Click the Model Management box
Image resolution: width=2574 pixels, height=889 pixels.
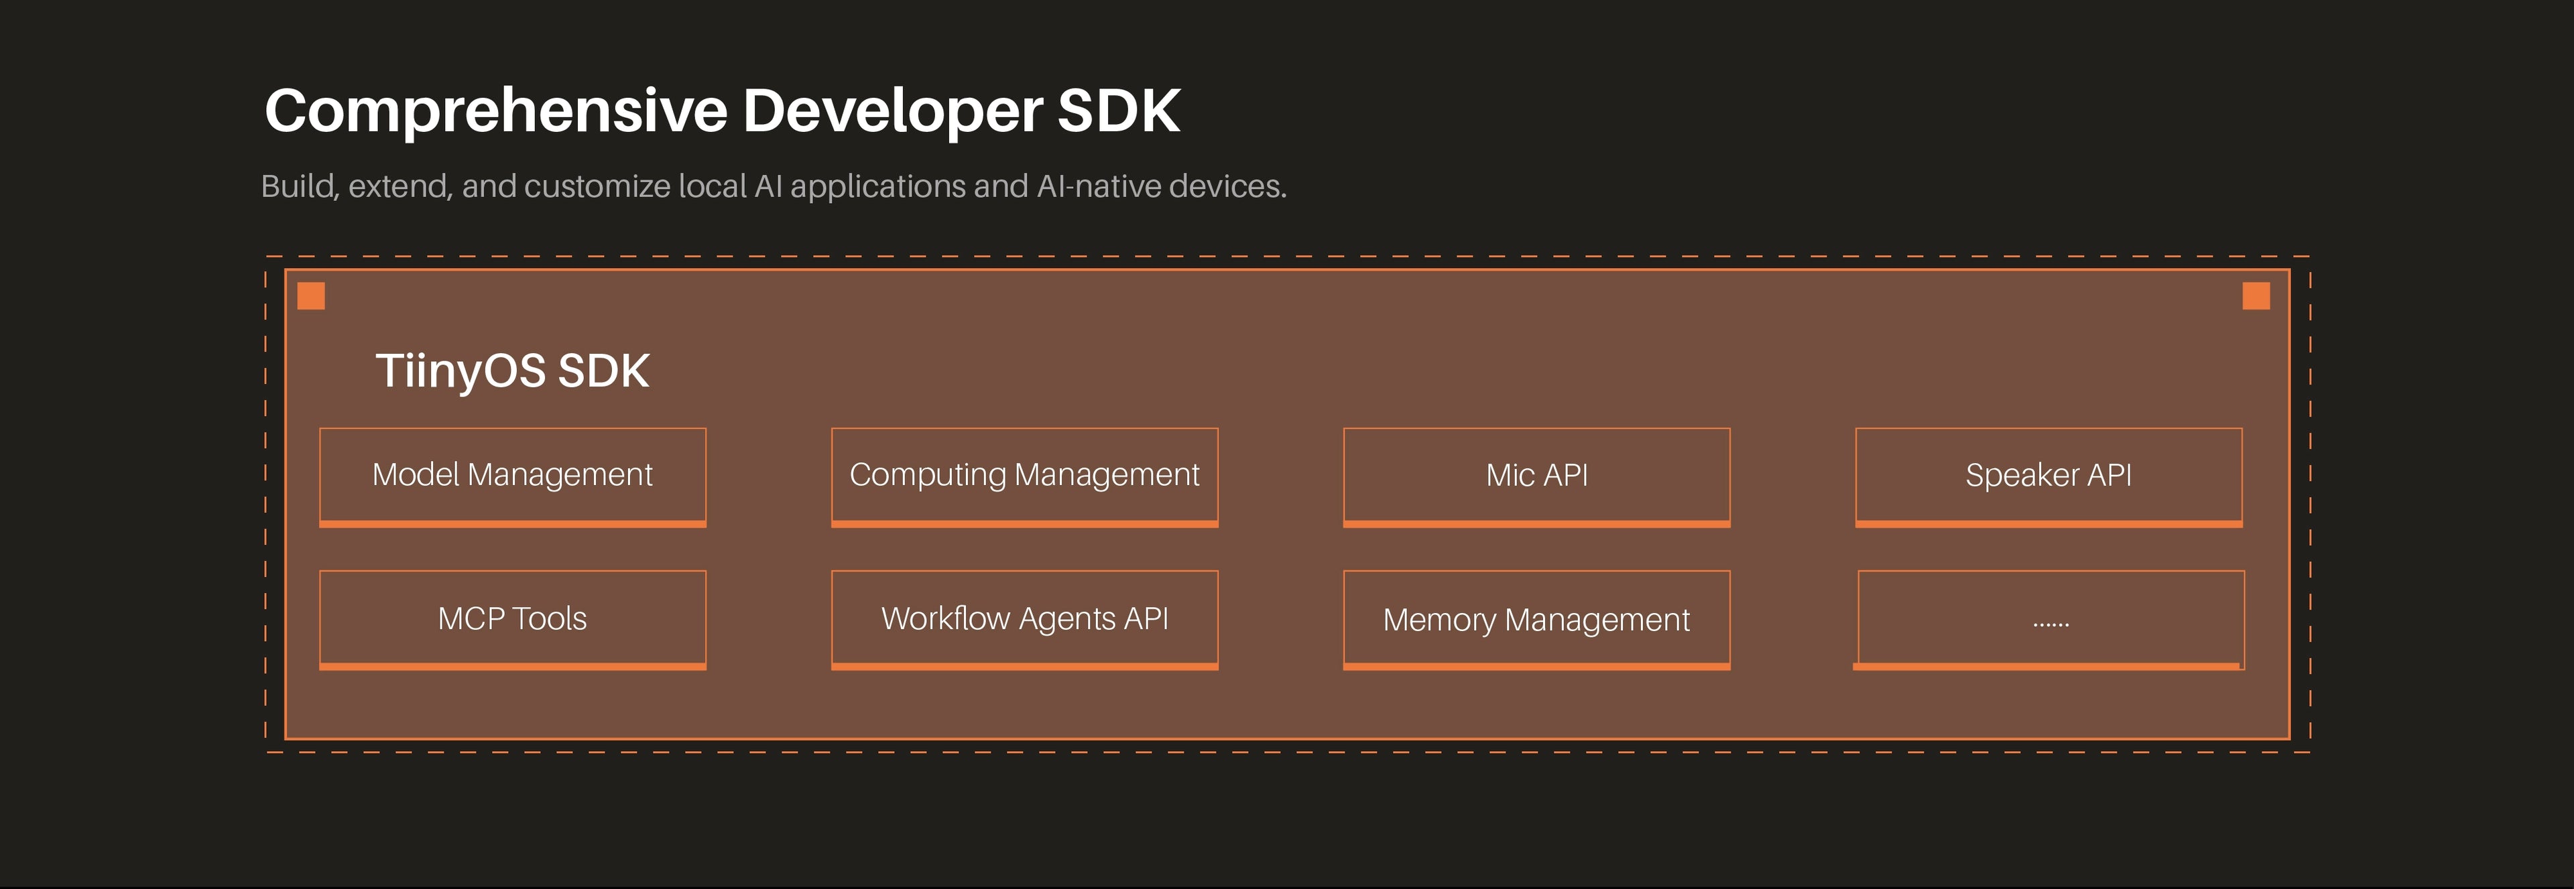click(513, 476)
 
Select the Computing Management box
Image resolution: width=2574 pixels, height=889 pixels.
click(1024, 476)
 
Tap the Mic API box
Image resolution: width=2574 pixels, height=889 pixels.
click(1537, 476)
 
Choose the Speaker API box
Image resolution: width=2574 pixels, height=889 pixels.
click(2048, 476)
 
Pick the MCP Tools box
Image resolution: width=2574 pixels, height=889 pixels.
click(513, 619)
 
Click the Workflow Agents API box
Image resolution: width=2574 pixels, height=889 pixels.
click(1024, 619)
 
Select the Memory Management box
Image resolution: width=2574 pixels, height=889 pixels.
click(1537, 619)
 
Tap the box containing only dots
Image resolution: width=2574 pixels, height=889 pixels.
click(2049, 619)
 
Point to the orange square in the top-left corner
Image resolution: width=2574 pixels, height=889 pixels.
click(312, 295)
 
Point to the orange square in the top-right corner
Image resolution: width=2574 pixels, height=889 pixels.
click(2256, 295)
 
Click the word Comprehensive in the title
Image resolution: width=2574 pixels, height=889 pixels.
click(497, 112)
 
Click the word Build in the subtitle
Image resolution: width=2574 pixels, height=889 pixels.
click(299, 187)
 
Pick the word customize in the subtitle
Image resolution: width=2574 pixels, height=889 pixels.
click(597, 187)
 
